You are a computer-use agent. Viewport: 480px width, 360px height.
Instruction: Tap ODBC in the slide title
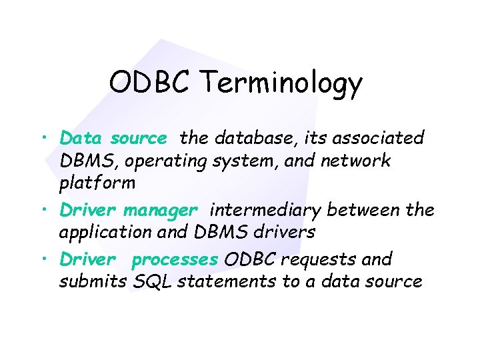[x=151, y=83]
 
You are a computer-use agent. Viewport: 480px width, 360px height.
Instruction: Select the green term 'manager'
[x=160, y=211]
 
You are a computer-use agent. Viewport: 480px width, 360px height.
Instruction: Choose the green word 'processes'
[x=175, y=259]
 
